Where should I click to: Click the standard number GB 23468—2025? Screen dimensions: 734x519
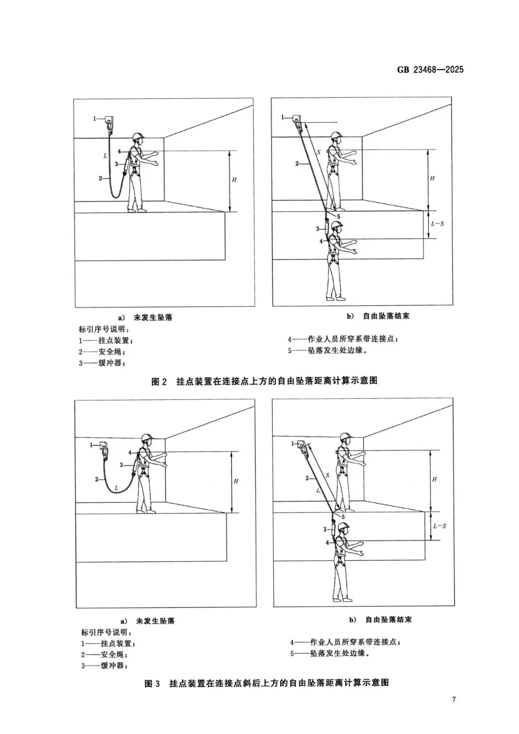(430, 70)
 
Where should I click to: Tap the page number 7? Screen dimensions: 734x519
(454, 699)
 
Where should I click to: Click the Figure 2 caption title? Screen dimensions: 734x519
(264, 381)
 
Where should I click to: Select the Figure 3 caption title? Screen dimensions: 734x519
(267, 683)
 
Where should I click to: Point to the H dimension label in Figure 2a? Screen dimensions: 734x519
(235, 180)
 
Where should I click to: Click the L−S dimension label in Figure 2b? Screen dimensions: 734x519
(438, 224)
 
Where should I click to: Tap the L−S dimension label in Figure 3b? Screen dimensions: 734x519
(439, 526)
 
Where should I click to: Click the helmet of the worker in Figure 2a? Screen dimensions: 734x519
(138, 136)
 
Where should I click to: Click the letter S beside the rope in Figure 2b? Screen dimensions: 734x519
(318, 153)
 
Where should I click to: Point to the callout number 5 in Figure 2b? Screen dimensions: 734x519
(338, 217)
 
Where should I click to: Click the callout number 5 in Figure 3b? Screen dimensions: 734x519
(343, 517)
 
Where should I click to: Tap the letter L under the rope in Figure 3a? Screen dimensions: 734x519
(116, 488)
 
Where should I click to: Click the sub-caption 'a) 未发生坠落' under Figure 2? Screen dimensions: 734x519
(146, 318)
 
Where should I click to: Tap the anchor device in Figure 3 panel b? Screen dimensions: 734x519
(301, 444)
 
